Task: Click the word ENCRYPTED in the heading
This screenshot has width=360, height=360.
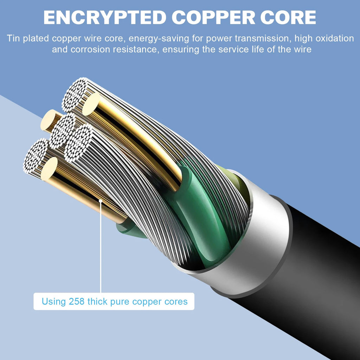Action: click(x=105, y=18)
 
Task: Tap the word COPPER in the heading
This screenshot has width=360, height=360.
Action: click(x=213, y=18)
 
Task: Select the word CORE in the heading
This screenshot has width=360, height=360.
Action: click(x=288, y=18)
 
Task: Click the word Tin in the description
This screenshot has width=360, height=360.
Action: click(x=13, y=38)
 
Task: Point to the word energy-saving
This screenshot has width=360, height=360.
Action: click(x=159, y=39)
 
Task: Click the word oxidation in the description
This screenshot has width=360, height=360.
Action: click(x=335, y=38)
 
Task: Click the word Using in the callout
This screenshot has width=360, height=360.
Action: click(x=54, y=301)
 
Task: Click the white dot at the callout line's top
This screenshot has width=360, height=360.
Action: click(x=101, y=201)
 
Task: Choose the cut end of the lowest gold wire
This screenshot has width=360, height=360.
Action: click(x=49, y=169)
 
